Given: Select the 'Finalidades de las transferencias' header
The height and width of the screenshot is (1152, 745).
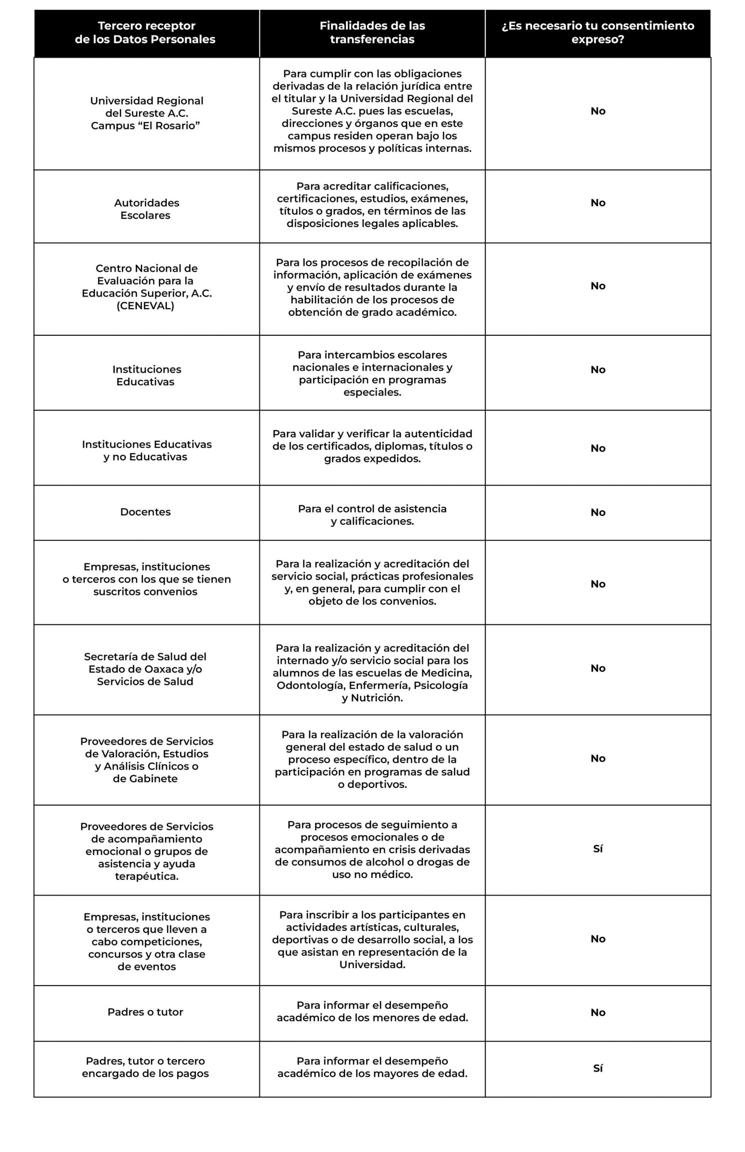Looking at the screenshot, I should tap(372, 32).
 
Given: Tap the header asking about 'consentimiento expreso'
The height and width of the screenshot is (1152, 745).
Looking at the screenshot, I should tap(597, 32).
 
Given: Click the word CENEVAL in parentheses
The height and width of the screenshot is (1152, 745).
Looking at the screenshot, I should tap(145, 306).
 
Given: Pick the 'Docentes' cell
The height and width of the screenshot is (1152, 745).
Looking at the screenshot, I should tap(145, 512).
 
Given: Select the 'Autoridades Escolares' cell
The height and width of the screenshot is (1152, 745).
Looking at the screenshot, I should tap(146, 209).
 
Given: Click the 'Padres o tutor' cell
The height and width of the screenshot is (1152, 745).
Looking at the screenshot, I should tap(145, 1012).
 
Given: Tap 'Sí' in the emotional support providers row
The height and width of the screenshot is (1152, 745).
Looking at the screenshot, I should tap(598, 849).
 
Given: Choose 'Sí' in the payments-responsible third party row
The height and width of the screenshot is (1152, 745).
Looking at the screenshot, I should tap(598, 1068).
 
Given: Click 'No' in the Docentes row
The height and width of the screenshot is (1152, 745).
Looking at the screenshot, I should tap(598, 513).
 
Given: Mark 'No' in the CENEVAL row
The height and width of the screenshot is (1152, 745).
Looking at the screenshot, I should tap(598, 286).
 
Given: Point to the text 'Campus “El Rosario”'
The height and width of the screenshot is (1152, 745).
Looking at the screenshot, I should tap(146, 126).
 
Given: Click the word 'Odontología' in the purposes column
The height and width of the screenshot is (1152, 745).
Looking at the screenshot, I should tap(310, 686).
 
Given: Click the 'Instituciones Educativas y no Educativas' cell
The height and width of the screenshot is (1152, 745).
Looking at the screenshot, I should tap(146, 450).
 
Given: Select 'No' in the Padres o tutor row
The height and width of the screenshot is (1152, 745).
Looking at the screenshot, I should tap(598, 1012).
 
